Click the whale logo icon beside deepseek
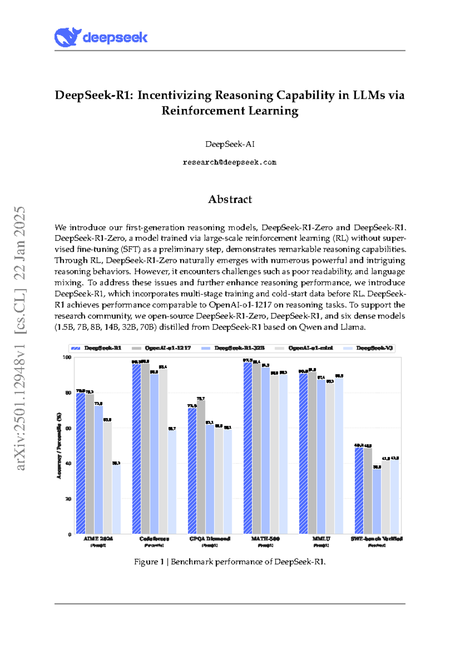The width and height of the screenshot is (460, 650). [67, 37]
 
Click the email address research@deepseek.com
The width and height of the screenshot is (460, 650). [230, 162]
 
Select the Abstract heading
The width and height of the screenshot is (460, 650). [230, 199]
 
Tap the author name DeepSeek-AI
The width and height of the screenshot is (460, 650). [230, 144]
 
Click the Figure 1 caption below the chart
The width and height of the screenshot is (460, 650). [230, 562]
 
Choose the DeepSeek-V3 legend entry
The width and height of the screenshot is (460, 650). [374, 348]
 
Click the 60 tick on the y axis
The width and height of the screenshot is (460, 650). [68, 428]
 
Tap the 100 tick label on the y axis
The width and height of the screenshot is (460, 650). [67, 357]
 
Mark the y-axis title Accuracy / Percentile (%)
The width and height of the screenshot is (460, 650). [59, 446]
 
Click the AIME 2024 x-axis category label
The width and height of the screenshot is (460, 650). [98, 538]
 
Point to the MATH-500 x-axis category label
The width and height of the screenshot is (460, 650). [265, 538]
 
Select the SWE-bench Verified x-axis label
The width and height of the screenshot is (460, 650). [376, 538]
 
